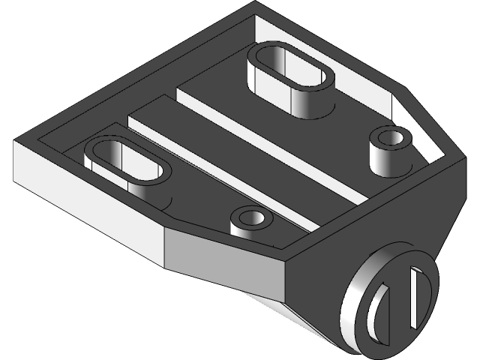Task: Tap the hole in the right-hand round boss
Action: point(390,138)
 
